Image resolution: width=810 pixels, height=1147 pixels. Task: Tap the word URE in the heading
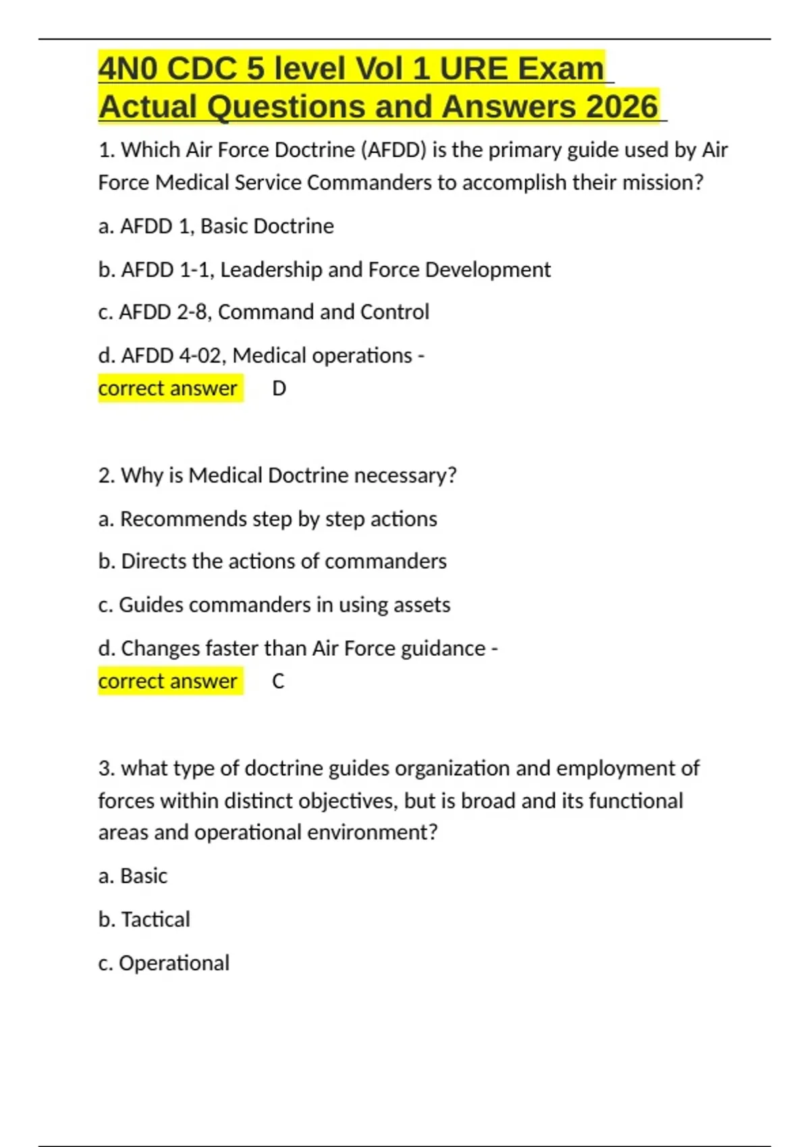pos(473,69)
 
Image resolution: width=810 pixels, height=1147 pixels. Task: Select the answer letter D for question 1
pos(279,389)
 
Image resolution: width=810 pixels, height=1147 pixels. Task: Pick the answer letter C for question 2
pos(278,681)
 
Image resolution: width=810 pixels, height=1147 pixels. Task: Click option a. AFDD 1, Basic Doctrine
pos(216,226)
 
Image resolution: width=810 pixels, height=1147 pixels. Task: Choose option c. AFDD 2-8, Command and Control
pos(263,312)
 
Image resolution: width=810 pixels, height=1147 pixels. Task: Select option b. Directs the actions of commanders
pos(272,561)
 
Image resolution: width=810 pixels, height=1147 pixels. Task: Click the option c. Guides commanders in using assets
pos(274,605)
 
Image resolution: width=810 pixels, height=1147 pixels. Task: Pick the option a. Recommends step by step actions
pos(267,519)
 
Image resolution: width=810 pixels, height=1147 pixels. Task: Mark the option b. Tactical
pos(144,919)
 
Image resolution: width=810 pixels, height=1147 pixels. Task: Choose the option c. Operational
pos(163,963)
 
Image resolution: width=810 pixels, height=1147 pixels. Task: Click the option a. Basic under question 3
pos(132,876)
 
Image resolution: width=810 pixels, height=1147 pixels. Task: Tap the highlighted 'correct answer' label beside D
pos(168,389)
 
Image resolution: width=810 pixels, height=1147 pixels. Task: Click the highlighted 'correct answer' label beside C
pos(168,681)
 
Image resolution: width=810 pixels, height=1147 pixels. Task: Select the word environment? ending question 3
pos(372,832)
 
